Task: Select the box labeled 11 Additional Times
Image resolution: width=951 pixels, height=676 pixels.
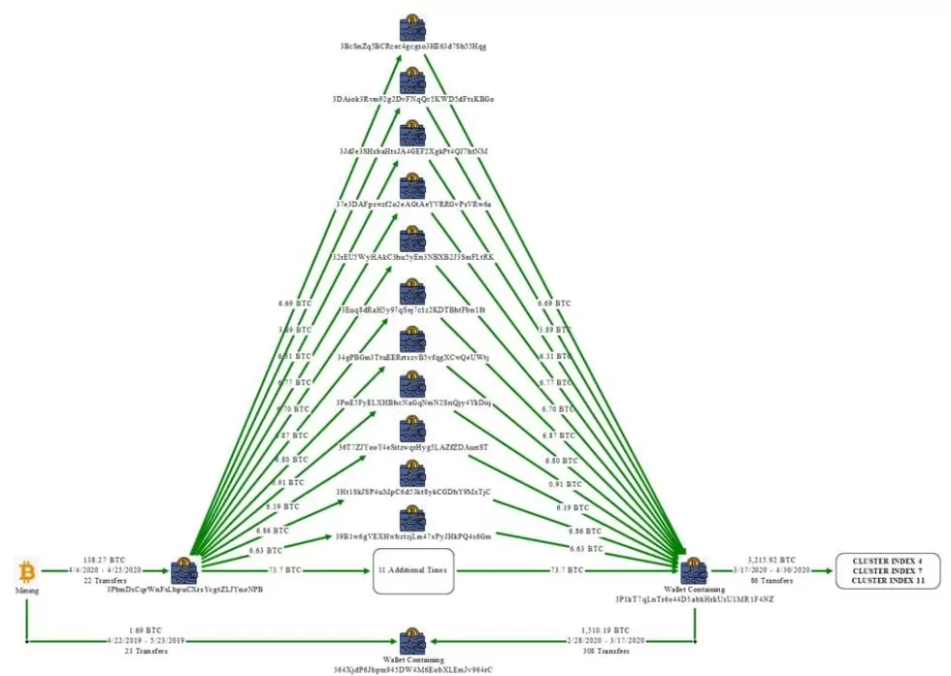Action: (x=413, y=570)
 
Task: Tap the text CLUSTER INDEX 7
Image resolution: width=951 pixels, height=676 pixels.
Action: (x=882, y=570)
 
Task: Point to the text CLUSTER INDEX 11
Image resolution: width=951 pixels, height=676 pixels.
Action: (x=882, y=580)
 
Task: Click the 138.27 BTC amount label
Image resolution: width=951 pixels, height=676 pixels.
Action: (x=105, y=560)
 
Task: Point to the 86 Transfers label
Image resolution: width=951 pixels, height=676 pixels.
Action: (x=771, y=580)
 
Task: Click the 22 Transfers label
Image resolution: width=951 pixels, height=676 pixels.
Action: (x=105, y=580)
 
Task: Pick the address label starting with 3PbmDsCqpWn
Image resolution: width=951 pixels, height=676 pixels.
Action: (x=184, y=589)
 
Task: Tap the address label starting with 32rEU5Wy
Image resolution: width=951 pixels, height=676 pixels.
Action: (x=413, y=257)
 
